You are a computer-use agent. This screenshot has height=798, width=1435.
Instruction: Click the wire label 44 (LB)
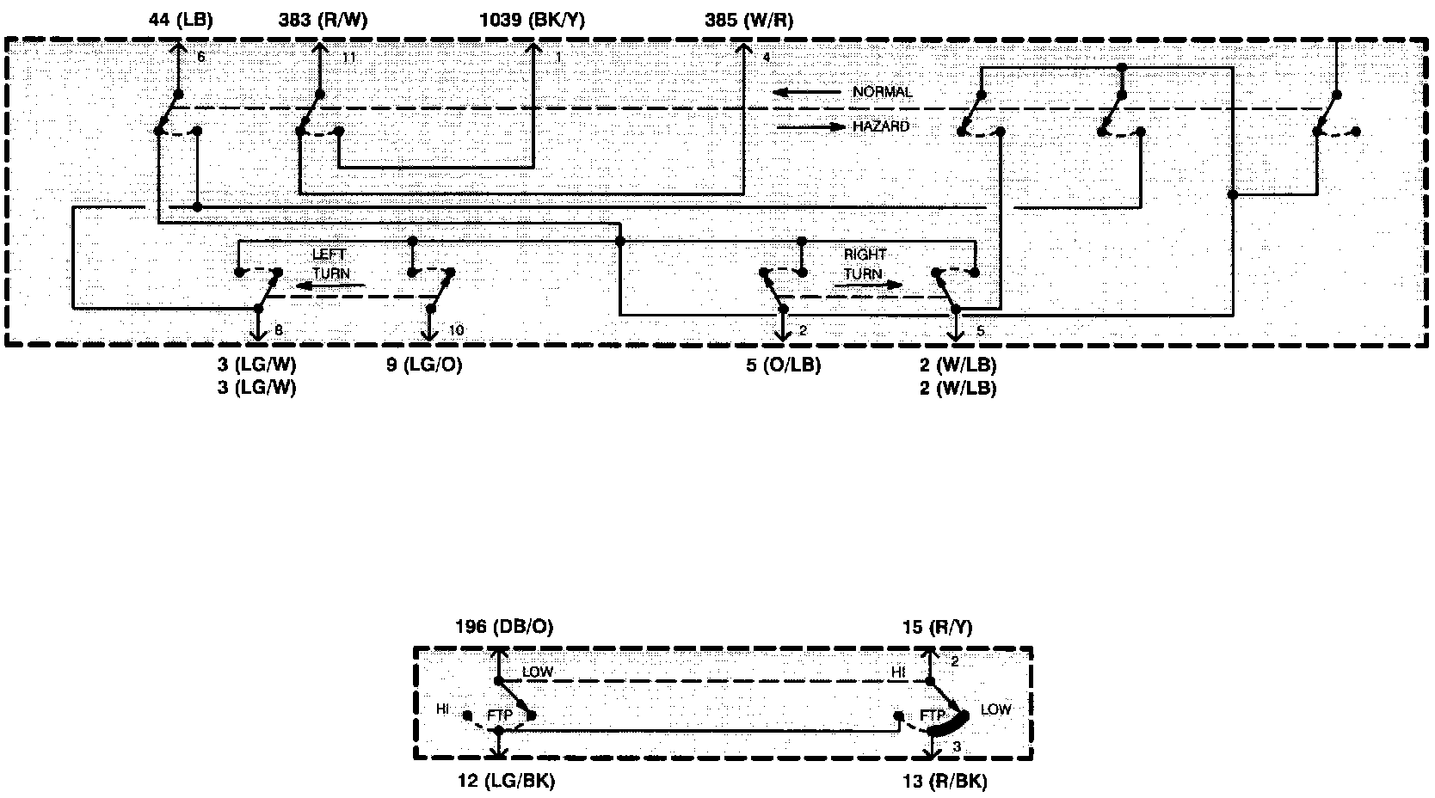[181, 21]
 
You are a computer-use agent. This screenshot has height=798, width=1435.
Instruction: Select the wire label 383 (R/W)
[323, 21]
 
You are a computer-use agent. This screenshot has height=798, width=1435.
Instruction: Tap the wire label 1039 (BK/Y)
[532, 21]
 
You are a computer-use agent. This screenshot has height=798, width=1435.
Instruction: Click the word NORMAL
[882, 92]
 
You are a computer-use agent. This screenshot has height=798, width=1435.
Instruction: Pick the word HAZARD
[880, 126]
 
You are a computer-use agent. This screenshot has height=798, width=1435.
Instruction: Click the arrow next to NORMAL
[805, 92]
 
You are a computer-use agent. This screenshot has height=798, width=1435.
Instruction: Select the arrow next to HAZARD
[811, 126]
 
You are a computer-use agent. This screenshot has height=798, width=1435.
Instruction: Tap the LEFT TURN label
[330, 264]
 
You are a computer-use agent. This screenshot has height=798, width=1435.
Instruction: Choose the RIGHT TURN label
[864, 264]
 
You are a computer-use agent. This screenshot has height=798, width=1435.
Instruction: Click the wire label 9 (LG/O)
[424, 365]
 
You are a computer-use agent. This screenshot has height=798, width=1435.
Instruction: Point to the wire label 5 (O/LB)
[783, 365]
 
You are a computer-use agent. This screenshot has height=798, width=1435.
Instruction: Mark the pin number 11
[348, 58]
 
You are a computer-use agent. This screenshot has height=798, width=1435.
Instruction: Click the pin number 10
[456, 330]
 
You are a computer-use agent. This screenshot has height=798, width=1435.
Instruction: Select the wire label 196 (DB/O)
[504, 627]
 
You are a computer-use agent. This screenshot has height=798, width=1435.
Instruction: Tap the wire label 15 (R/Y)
[938, 627]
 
